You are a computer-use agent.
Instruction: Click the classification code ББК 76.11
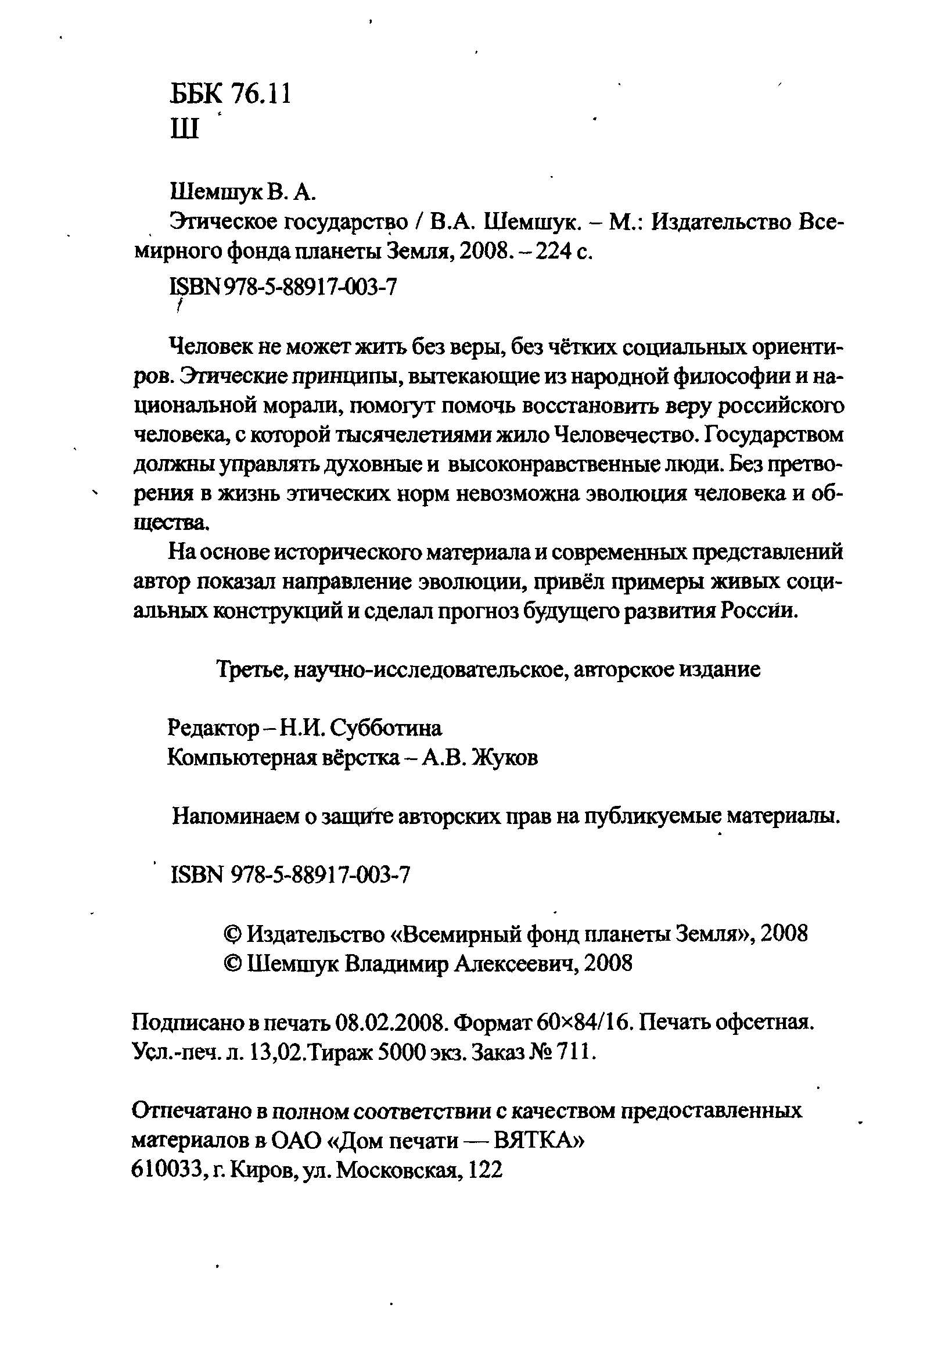(x=230, y=94)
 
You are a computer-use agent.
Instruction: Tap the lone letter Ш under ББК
(x=185, y=129)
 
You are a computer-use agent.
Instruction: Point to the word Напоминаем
(x=238, y=816)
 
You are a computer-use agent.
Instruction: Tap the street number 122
(x=485, y=1170)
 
